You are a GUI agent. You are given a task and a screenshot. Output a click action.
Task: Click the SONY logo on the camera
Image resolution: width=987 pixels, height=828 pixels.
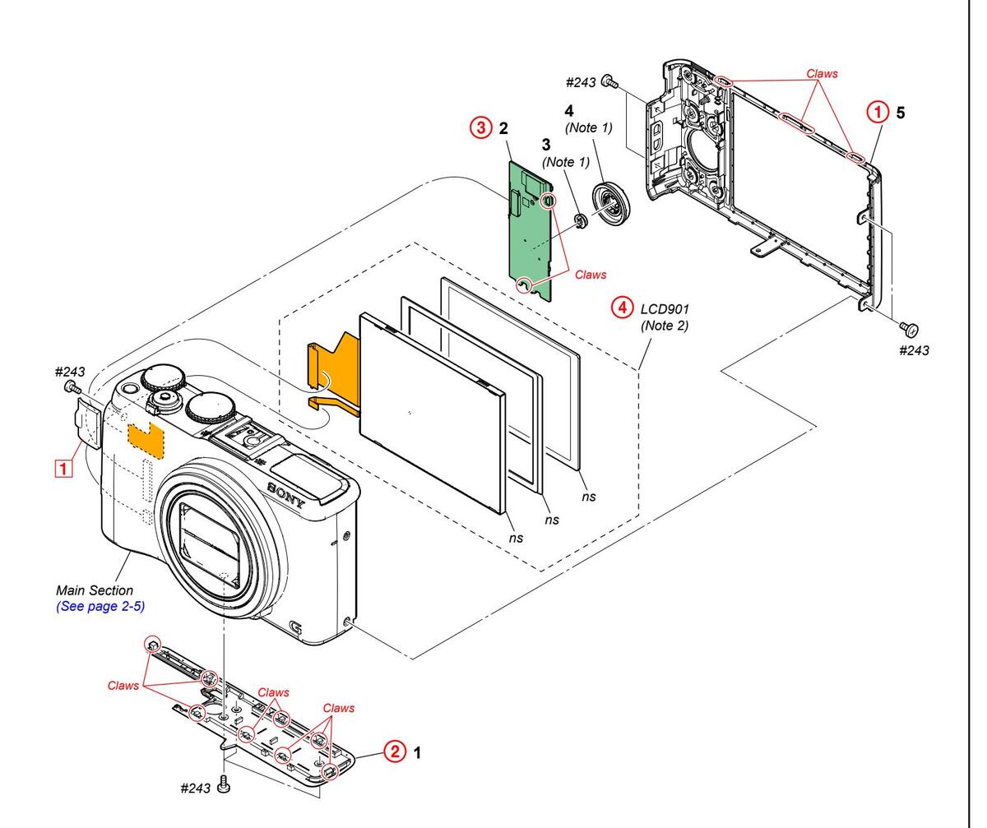coord(285,495)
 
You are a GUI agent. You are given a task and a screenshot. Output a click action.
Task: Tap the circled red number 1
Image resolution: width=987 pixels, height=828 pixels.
coord(879,112)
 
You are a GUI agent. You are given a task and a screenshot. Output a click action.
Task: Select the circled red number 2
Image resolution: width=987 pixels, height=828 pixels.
coord(396,752)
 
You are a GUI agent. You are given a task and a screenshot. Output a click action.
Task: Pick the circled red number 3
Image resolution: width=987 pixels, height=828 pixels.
coord(480,128)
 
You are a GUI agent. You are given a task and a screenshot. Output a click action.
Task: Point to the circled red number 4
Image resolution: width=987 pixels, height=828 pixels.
coord(622,308)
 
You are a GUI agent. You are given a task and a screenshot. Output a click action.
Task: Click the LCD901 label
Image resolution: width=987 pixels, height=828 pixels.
coord(665,309)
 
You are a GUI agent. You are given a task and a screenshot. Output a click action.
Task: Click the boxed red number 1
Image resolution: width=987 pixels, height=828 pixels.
coord(62,467)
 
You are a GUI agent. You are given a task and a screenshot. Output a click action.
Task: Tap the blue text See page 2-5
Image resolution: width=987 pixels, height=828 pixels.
coord(95,607)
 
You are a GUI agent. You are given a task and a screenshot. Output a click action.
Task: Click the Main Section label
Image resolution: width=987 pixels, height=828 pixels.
coord(94,590)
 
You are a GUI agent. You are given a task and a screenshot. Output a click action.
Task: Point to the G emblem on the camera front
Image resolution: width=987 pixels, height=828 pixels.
coord(295,631)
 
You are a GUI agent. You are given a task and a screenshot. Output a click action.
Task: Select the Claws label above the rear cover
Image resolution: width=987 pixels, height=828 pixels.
coord(822,73)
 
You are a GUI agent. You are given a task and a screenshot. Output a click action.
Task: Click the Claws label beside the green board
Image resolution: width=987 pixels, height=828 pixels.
coord(590,275)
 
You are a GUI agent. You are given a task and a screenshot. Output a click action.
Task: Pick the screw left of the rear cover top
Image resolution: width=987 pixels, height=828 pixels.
coord(609,81)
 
